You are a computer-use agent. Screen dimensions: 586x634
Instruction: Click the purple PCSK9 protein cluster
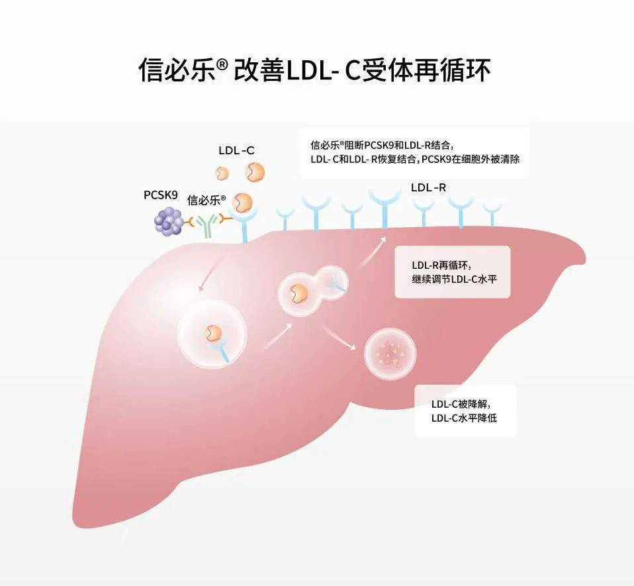169,221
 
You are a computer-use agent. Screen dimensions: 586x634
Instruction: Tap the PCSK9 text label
161,195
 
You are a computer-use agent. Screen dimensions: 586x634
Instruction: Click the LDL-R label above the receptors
428,188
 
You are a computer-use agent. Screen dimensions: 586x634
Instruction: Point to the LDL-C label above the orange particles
236,150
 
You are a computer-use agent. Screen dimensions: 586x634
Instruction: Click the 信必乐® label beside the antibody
206,200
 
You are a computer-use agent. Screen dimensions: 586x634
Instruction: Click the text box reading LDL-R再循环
452,271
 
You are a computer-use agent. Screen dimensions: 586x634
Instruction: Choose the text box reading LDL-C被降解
465,411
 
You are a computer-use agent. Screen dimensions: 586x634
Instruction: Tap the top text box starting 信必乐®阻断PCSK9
414,152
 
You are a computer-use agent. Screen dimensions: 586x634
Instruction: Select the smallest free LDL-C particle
222,173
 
